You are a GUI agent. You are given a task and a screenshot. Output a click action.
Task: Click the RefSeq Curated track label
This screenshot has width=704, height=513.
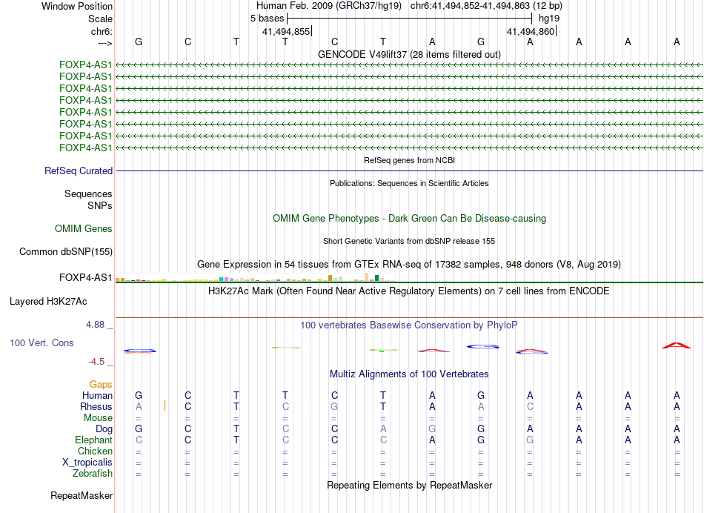point(79,171)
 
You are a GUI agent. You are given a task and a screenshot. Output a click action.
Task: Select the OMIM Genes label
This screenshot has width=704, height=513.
point(84,229)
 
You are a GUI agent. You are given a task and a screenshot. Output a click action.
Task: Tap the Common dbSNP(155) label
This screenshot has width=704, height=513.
point(66,252)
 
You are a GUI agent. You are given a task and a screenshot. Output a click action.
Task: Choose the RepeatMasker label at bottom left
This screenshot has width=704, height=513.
point(82,495)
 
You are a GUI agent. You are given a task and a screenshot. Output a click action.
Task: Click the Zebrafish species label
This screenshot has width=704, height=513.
point(93,474)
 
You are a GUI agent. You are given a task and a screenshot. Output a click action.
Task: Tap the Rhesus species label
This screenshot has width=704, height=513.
point(96,407)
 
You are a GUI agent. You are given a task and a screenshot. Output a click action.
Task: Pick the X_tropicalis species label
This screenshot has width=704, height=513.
point(87,463)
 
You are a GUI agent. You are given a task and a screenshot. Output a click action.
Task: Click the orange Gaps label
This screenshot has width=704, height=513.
point(101,385)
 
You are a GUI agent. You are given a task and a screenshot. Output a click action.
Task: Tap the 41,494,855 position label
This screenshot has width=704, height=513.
point(286,32)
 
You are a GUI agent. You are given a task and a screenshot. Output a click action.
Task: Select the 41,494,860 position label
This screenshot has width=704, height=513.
point(530,32)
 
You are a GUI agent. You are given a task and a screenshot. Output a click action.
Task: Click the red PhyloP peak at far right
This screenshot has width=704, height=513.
point(676,345)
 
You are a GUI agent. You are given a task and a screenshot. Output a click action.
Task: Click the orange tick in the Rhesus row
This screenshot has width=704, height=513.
point(165,406)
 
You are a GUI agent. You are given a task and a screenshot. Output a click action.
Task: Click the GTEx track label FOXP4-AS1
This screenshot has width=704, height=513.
point(86,278)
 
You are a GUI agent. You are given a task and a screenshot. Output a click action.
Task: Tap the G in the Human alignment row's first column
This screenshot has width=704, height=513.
point(139,396)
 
